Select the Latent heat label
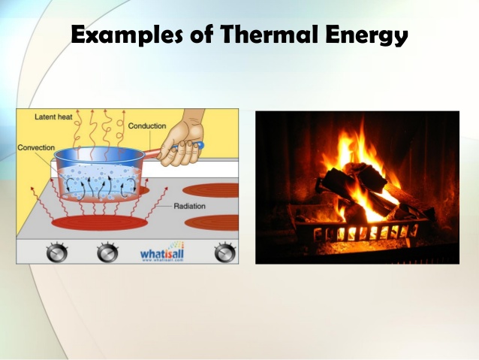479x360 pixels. pyautogui.click(x=53, y=116)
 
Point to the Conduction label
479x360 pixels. pyautogui.click(x=146, y=126)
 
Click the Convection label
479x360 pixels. pyautogui.click(x=36, y=147)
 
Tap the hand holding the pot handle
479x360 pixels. pyautogui.click(x=180, y=143)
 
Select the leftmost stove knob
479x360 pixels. pyautogui.click(x=56, y=253)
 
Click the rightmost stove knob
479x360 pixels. pyautogui.click(x=224, y=253)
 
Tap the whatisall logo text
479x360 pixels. pyautogui.click(x=162, y=254)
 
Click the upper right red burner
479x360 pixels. pyautogui.click(x=210, y=189)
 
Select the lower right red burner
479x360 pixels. pyautogui.click(x=212, y=223)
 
